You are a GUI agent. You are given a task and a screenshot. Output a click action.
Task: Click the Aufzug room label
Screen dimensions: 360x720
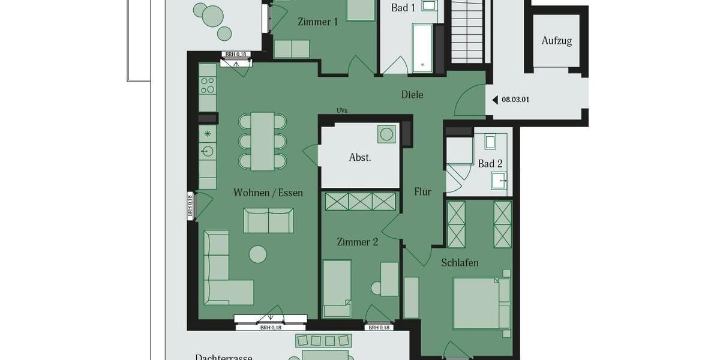(x=556, y=41)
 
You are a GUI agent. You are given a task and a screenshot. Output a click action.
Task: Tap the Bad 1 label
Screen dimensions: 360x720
(x=403, y=8)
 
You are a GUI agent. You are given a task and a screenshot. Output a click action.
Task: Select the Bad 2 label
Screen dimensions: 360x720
(x=490, y=163)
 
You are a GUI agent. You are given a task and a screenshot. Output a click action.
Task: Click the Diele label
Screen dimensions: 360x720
(x=412, y=94)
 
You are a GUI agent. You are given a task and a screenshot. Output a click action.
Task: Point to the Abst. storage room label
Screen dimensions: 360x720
(x=360, y=158)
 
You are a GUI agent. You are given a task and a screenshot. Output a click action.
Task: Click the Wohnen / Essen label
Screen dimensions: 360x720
(x=268, y=193)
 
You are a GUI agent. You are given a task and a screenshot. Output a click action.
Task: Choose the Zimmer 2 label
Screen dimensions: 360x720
(x=358, y=242)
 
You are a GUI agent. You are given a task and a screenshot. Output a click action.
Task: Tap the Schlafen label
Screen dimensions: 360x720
(x=460, y=263)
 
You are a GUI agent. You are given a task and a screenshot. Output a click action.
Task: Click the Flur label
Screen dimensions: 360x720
(x=423, y=192)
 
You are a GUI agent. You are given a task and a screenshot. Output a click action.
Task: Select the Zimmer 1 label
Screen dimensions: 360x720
(x=317, y=22)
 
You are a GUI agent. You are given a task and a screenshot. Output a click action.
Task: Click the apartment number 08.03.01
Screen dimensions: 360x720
(x=515, y=100)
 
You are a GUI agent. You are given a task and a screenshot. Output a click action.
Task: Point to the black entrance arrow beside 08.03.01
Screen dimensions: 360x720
(x=495, y=100)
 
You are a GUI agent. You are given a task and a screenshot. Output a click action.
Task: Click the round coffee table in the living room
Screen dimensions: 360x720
(x=258, y=254)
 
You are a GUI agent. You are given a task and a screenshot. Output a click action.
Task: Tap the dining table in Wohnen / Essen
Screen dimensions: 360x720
(x=262, y=142)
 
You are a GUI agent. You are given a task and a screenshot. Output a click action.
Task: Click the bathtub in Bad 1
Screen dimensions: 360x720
(x=422, y=48)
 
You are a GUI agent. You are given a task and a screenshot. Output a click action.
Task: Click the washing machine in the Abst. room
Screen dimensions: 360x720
(x=387, y=133)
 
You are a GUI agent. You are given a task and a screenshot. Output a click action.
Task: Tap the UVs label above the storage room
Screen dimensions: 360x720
(x=342, y=110)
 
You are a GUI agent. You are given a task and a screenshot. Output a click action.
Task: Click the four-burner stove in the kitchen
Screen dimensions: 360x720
(x=208, y=85)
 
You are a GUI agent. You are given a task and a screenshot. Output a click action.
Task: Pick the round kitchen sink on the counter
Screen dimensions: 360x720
(x=208, y=151)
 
